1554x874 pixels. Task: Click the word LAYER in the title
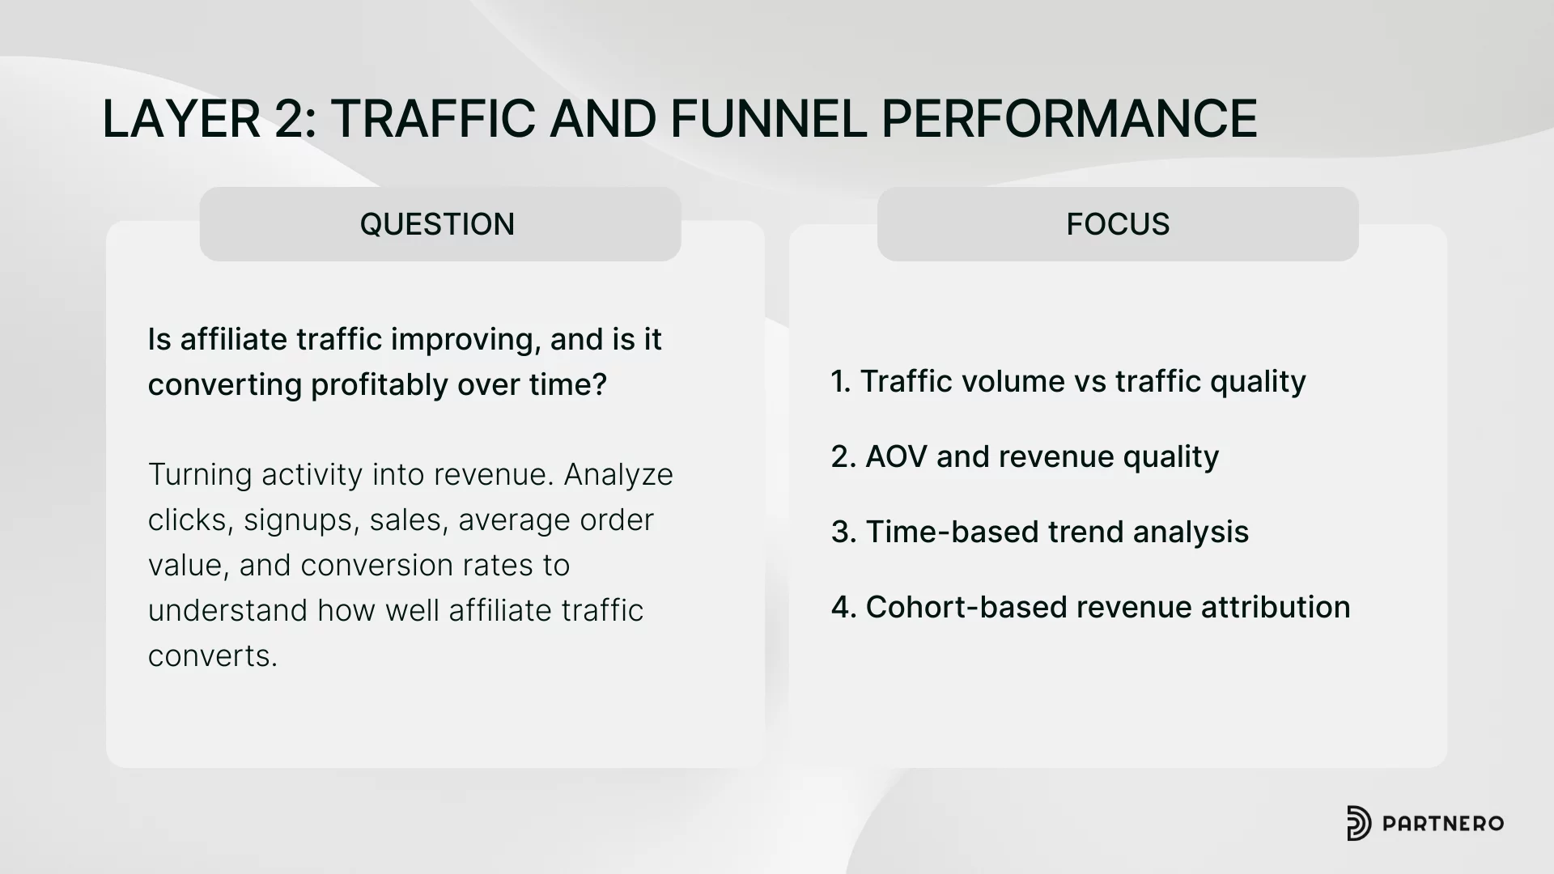(x=180, y=118)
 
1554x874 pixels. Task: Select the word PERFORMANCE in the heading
(x=1069, y=118)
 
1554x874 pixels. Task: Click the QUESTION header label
(x=437, y=224)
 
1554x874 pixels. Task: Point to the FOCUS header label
(x=1118, y=224)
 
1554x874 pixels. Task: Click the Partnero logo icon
(x=1359, y=823)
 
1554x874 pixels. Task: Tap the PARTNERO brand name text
(x=1443, y=824)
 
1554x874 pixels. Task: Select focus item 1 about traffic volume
(x=1068, y=381)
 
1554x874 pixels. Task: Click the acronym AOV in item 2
(x=896, y=456)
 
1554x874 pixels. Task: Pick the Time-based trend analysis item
(x=1040, y=532)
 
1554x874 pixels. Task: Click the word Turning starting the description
(x=200, y=474)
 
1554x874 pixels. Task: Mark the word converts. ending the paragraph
(x=213, y=655)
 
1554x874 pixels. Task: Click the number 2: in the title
(x=295, y=118)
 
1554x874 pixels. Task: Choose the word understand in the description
(x=227, y=610)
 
